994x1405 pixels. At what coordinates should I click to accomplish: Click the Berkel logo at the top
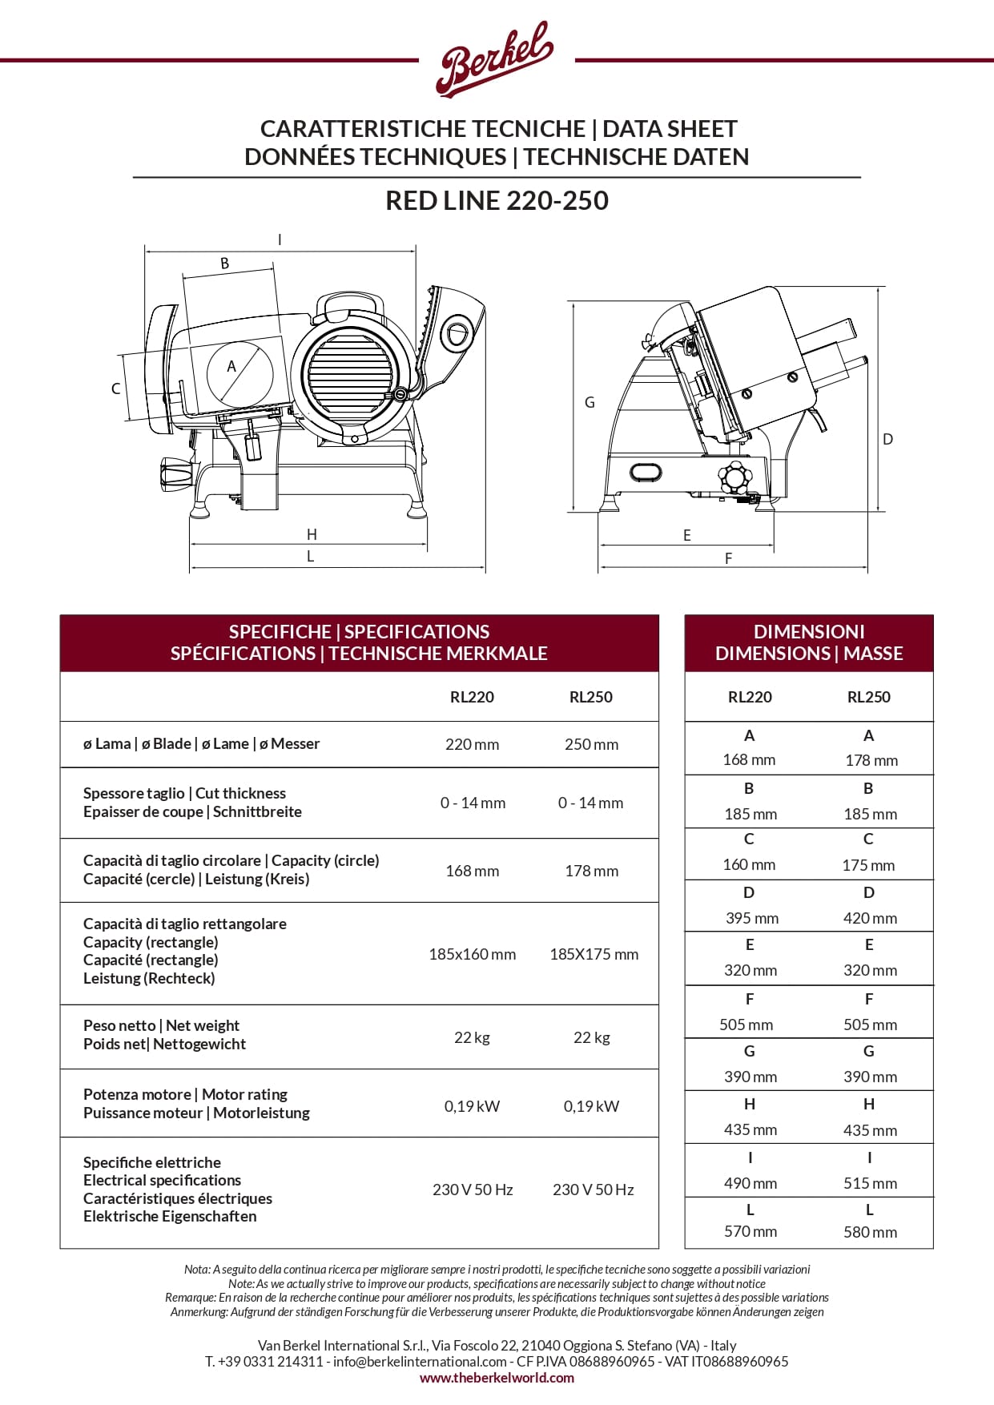pyautogui.click(x=494, y=60)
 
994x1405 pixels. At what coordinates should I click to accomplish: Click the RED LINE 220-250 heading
pyautogui.click(x=497, y=200)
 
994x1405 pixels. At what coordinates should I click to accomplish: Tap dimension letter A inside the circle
pyautogui.click(x=231, y=367)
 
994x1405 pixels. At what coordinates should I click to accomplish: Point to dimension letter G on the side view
pyautogui.click(x=590, y=402)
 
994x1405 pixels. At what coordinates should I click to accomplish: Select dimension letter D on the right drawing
pyautogui.click(x=887, y=439)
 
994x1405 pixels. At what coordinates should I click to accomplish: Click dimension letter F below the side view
pyautogui.click(x=728, y=558)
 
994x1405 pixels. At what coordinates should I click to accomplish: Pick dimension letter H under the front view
pyautogui.click(x=312, y=534)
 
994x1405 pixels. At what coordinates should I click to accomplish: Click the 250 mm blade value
pyautogui.click(x=591, y=744)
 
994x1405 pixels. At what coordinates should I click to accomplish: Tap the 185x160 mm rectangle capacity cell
pyautogui.click(x=472, y=954)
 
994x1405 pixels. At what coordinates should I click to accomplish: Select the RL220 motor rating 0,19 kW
pyautogui.click(x=472, y=1106)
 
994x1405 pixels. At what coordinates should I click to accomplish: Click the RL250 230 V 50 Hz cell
pyautogui.click(x=593, y=1190)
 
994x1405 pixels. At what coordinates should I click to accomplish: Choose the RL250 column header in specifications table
pyautogui.click(x=590, y=697)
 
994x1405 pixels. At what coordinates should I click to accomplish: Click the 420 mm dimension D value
pyautogui.click(x=870, y=918)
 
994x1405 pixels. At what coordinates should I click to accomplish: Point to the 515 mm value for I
pyautogui.click(x=870, y=1183)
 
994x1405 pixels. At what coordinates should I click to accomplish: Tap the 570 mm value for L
pyautogui.click(x=750, y=1231)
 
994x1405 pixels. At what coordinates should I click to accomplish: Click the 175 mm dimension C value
pyautogui.click(x=868, y=865)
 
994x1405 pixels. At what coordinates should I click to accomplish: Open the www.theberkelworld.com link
pyautogui.click(x=497, y=1378)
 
